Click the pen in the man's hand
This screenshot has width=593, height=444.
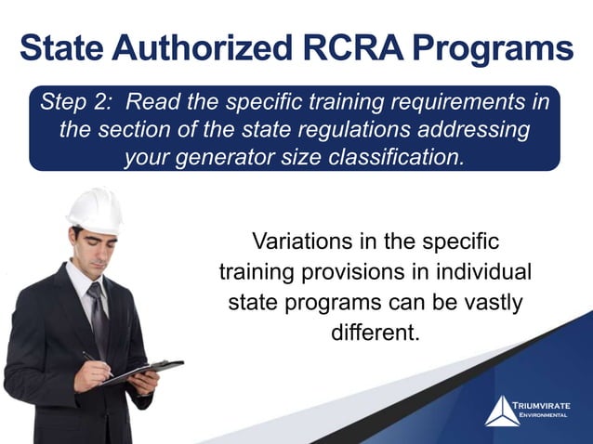coord(93,359)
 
